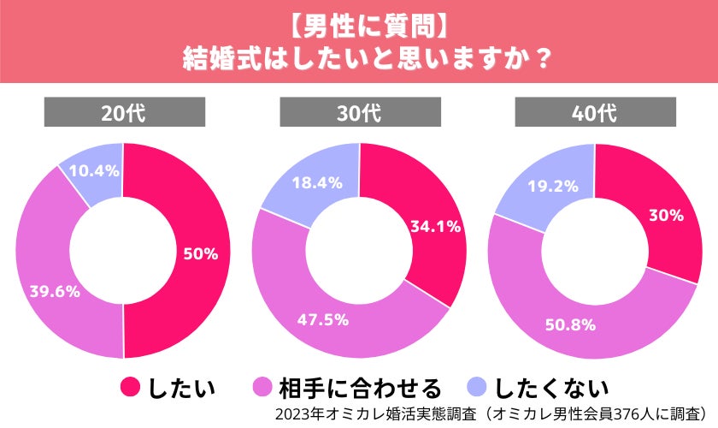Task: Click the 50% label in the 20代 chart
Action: tap(201, 254)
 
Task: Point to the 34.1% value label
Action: tap(435, 227)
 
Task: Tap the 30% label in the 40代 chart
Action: tap(667, 216)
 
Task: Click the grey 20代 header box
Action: tap(124, 112)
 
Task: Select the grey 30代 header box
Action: tap(360, 112)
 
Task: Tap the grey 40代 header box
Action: tap(595, 112)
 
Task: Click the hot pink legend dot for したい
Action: tap(130, 388)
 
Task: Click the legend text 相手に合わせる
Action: tap(360, 388)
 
